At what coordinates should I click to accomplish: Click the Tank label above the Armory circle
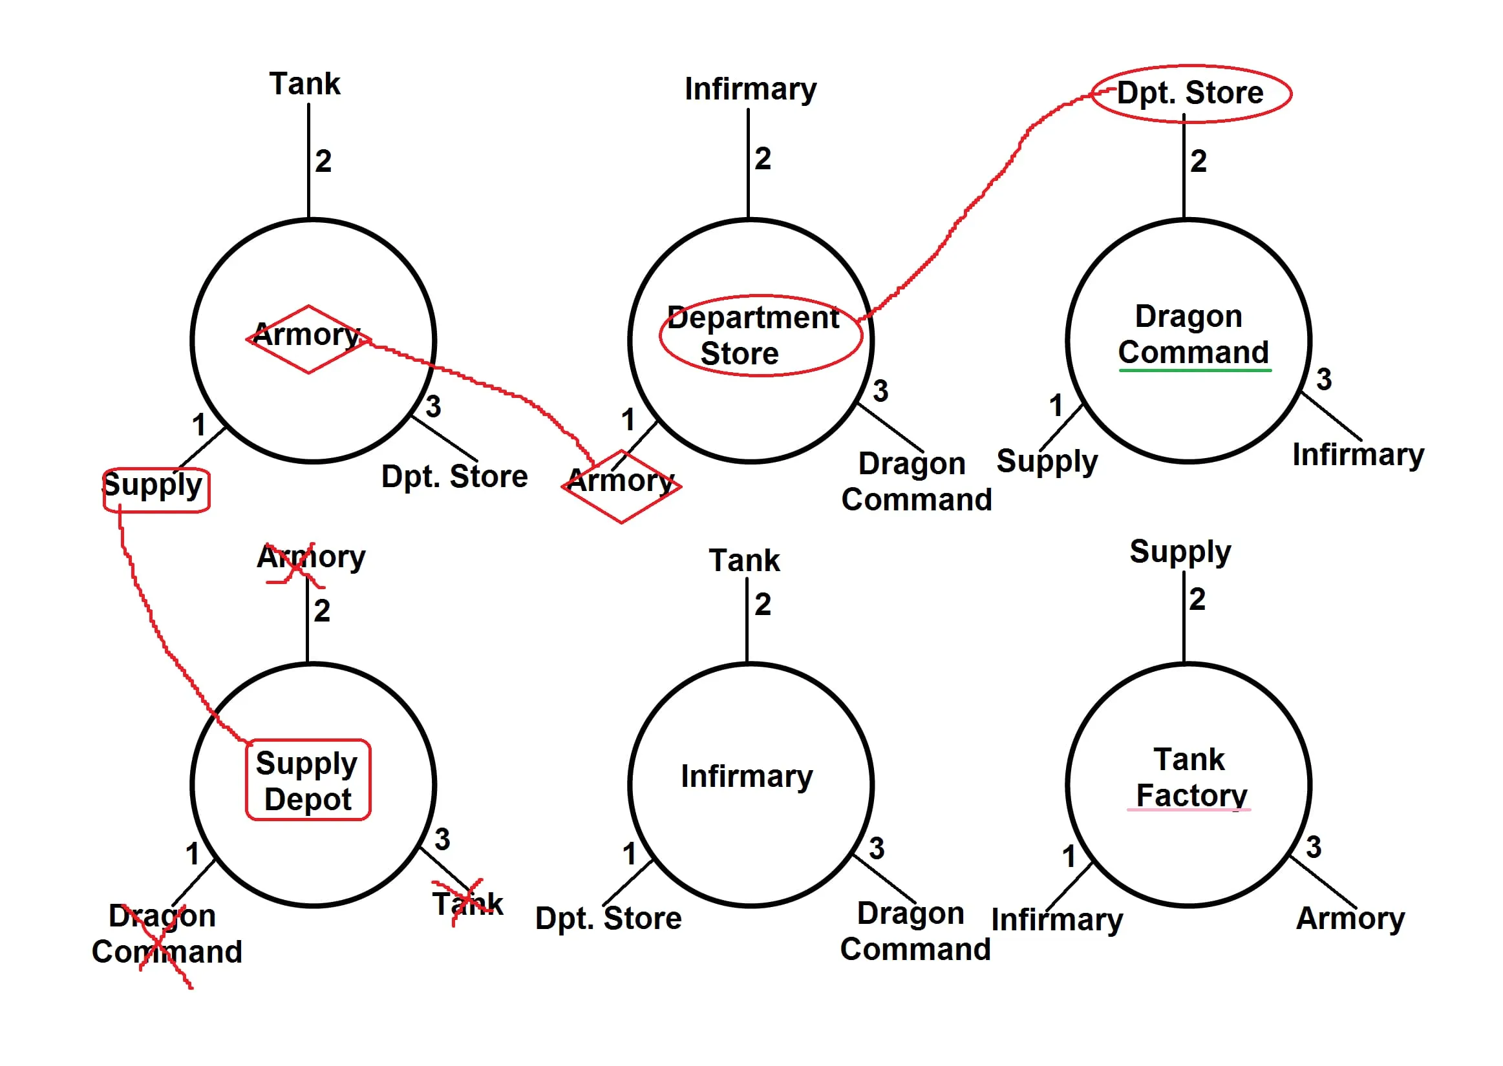(304, 84)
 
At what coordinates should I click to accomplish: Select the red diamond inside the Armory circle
(308, 339)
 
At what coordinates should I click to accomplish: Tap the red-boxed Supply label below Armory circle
(155, 489)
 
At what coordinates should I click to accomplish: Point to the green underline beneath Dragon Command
(1195, 371)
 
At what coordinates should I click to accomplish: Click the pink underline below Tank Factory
(1188, 810)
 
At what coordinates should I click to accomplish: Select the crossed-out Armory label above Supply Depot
(310, 559)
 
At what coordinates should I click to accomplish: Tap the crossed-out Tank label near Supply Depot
(467, 904)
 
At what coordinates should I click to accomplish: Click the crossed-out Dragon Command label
(165, 934)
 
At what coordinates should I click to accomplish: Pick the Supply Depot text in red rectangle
(307, 781)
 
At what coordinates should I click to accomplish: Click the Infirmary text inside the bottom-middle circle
(747, 777)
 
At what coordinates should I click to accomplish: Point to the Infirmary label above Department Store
(750, 89)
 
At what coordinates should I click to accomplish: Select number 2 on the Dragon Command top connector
(1199, 162)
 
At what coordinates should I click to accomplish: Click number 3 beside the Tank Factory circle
(1313, 848)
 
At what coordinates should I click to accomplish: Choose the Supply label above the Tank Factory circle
(1180, 552)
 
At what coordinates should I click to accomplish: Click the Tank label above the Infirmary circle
(744, 561)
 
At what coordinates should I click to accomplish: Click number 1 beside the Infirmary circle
(629, 854)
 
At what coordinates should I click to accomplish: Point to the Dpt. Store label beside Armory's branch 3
(454, 477)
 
